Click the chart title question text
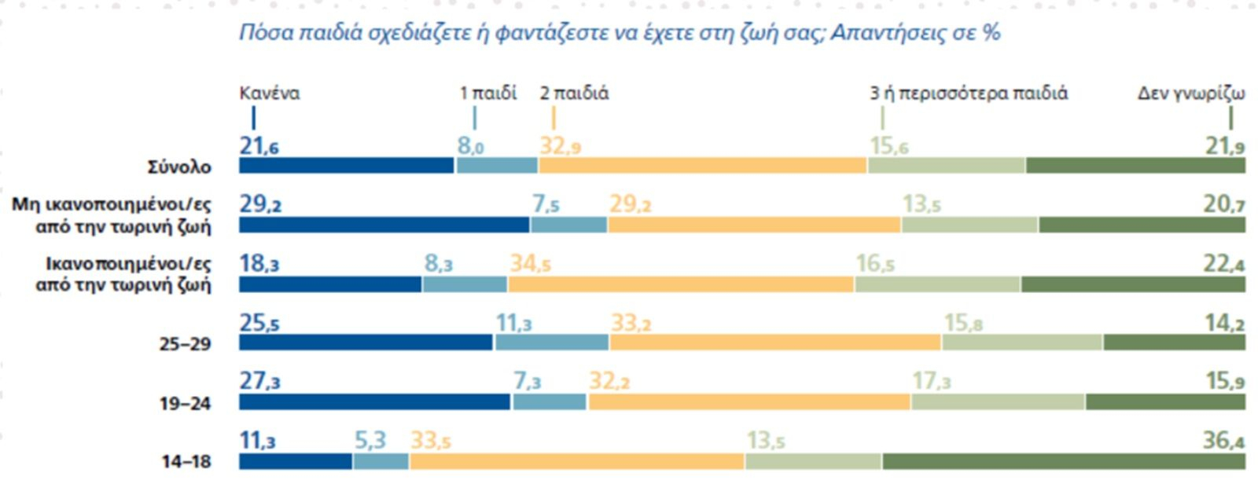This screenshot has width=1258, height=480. [x=620, y=33]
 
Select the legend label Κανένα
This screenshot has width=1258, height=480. [x=270, y=93]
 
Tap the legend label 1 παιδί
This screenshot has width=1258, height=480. [x=488, y=93]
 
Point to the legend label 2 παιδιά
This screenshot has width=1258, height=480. [x=574, y=93]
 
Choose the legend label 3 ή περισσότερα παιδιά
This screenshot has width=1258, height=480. [x=969, y=93]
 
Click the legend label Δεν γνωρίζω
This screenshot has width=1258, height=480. [x=1191, y=93]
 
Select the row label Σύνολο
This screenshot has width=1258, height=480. [x=180, y=167]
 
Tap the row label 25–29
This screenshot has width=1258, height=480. [x=186, y=344]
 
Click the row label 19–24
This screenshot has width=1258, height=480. [x=186, y=403]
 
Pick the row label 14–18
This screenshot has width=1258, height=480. [x=186, y=462]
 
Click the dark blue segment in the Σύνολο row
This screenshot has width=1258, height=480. [x=347, y=166]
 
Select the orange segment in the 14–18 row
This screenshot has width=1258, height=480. [x=576, y=461]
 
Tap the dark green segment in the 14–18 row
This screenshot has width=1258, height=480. [x=1064, y=461]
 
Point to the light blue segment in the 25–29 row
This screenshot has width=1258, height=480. [x=551, y=343]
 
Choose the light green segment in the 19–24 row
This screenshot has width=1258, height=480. [x=998, y=402]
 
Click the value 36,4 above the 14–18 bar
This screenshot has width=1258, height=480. [x=1223, y=440]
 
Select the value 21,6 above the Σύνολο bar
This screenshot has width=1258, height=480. [x=259, y=146]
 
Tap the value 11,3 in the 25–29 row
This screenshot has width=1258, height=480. [x=513, y=323]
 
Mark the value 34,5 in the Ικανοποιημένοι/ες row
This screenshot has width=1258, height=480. [x=530, y=263]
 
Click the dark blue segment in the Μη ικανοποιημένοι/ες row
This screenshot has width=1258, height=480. [x=384, y=225]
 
